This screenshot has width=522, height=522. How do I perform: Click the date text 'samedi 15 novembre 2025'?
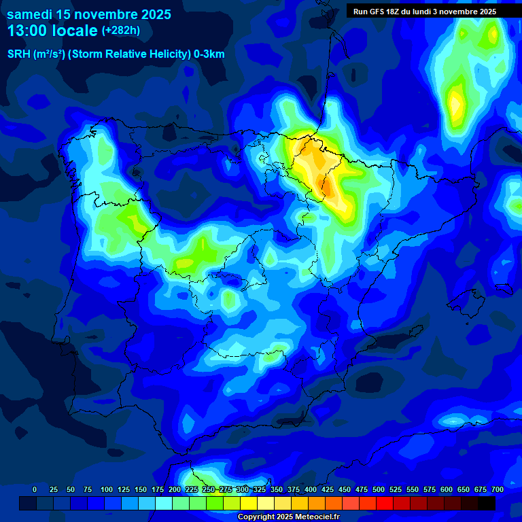click(88, 14)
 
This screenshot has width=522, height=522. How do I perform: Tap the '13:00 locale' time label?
click(52, 31)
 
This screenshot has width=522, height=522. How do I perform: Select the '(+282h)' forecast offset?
click(121, 31)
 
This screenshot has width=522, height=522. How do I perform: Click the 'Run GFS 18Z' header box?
click(424, 12)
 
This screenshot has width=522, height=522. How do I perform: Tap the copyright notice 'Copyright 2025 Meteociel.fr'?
click(288, 517)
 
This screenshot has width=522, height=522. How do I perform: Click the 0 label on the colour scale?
click(35, 489)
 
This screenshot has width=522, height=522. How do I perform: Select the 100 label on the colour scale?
click(107, 489)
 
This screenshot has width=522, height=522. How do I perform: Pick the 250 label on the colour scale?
click(209, 489)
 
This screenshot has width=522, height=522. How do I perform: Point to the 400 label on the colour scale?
click(311, 489)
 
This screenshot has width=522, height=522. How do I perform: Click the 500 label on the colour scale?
click(379, 489)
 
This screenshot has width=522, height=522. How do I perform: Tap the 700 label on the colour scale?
click(498, 489)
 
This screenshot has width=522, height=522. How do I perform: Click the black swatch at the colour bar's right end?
click(487, 503)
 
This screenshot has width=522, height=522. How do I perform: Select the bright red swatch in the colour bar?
click(385, 503)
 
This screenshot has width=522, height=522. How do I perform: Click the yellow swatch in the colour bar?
click(249, 503)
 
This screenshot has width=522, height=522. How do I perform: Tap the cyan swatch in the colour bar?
click(164, 503)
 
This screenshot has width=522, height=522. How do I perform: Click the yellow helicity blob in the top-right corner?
click(456, 102)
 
